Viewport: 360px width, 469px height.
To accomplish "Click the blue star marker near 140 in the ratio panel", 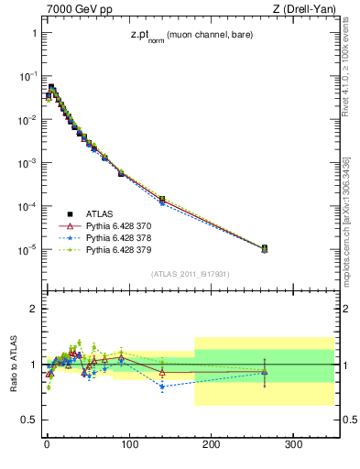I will [x=162, y=387].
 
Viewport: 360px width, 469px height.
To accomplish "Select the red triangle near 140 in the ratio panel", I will [x=162, y=372].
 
